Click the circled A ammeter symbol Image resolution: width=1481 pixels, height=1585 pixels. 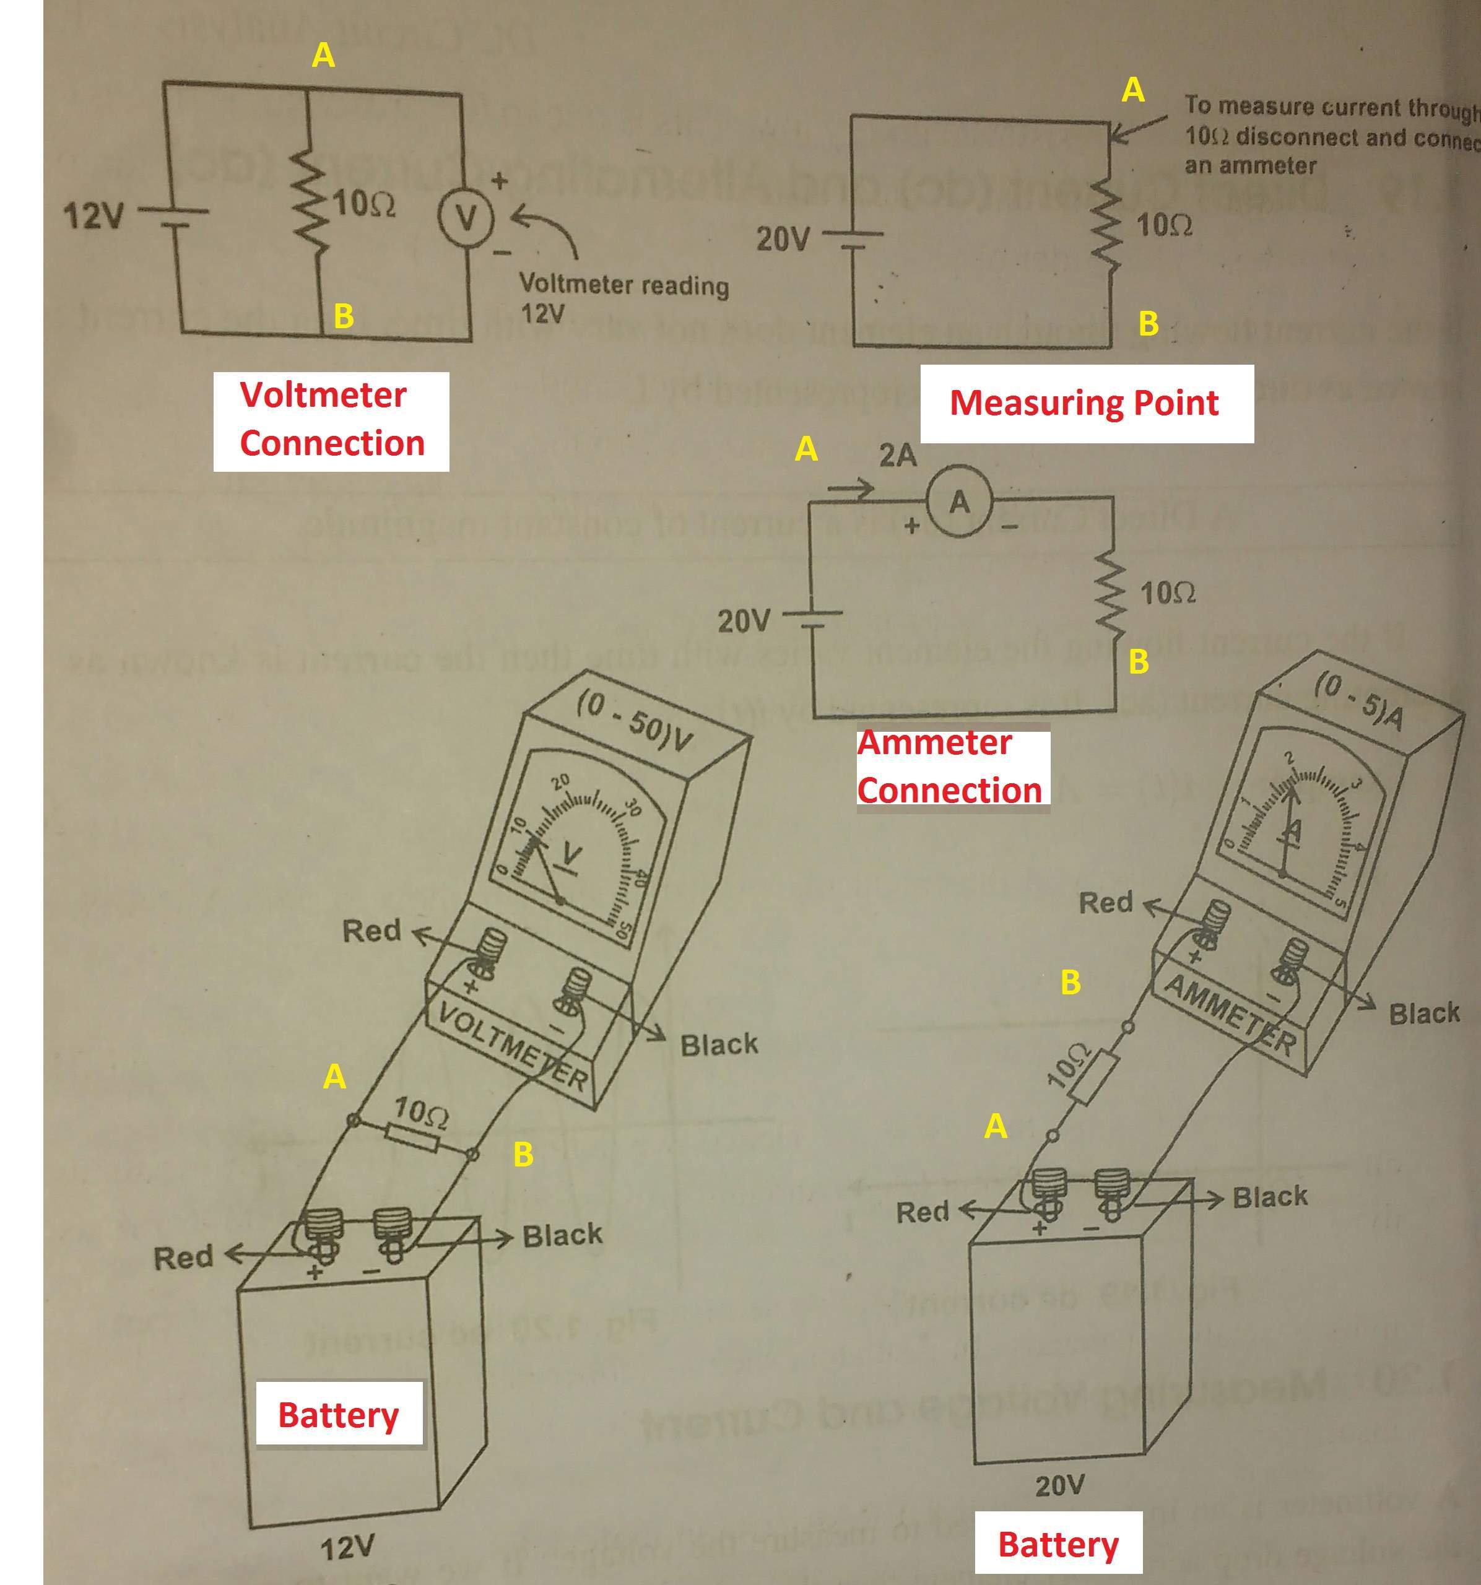point(959,502)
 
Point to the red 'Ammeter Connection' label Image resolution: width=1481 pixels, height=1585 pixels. point(950,767)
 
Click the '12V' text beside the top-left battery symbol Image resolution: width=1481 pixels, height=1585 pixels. point(94,215)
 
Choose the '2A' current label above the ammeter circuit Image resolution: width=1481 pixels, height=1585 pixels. point(898,456)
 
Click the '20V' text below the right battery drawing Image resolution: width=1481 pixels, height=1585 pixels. point(1059,1485)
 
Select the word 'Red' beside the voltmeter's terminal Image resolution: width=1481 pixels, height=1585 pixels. point(371,931)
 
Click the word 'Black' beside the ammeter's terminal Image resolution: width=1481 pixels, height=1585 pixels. point(1423,1014)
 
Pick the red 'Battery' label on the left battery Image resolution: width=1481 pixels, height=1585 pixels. point(338,1414)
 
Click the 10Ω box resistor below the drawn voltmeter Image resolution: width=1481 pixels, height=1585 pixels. point(411,1138)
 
